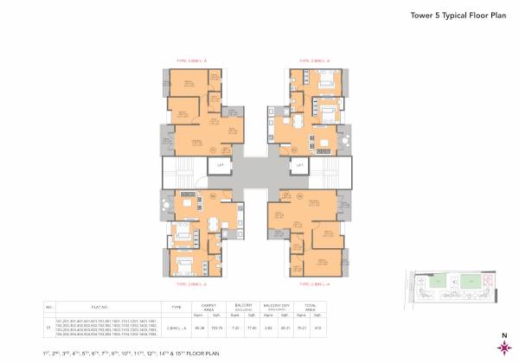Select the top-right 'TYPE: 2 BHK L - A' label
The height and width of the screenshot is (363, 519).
click(316, 60)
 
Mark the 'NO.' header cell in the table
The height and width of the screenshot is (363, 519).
click(50, 307)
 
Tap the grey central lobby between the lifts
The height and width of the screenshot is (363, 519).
click(259, 173)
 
